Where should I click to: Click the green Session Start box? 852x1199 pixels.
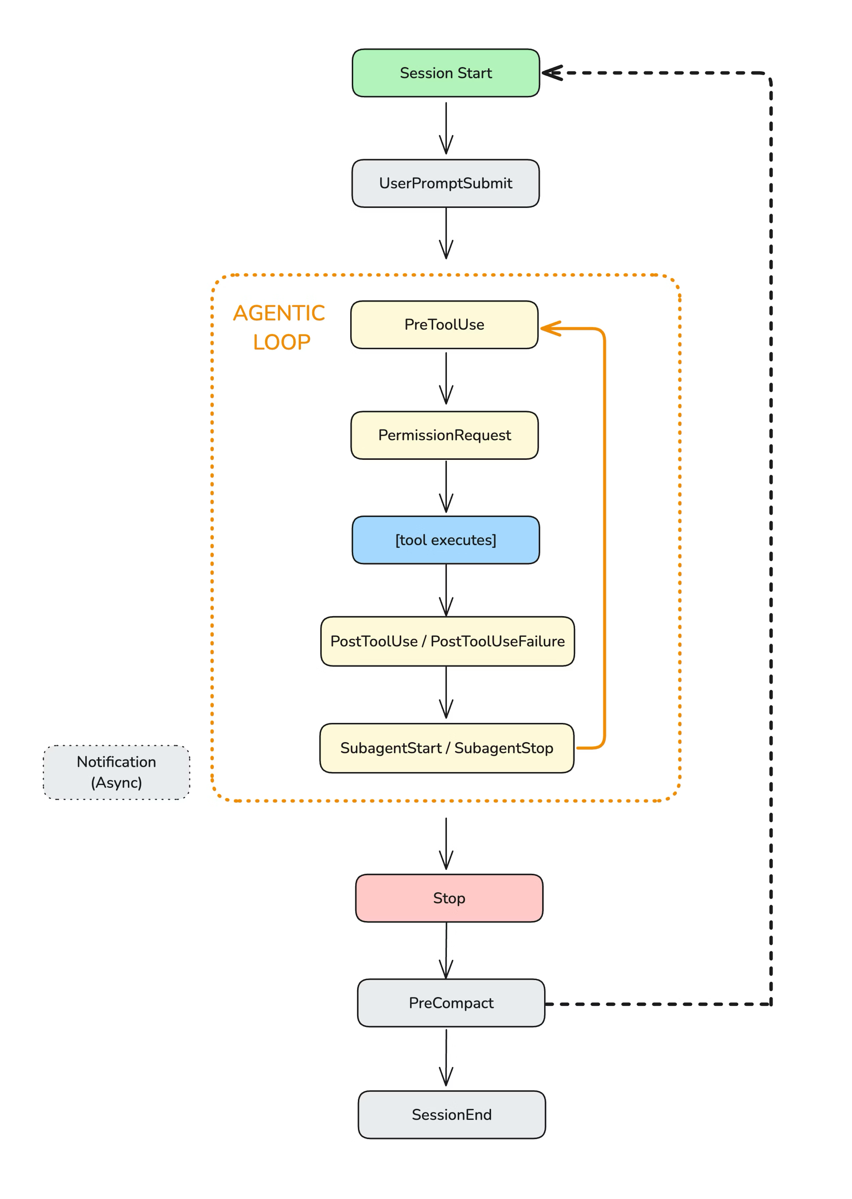point(445,73)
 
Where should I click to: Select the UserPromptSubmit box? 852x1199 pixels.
point(445,183)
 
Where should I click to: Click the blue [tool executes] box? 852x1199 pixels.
point(445,540)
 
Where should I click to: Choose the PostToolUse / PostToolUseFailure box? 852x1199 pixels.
point(447,641)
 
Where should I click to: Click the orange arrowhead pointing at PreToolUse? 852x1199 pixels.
point(550,329)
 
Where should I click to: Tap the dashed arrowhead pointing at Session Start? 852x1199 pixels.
point(551,73)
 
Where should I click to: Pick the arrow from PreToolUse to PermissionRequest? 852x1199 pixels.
point(446,378)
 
